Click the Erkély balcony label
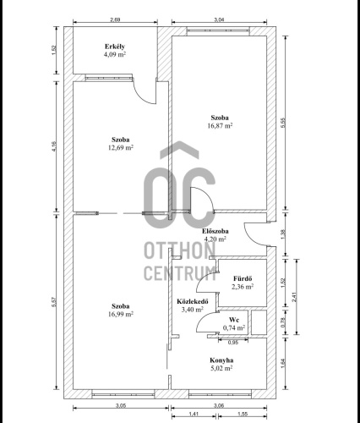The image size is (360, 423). coord(115,47)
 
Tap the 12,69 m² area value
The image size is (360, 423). coord(121,147)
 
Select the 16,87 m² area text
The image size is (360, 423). coord(220,125)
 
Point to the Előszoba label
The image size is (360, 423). coord(215,231)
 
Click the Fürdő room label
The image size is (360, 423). coord(243,278)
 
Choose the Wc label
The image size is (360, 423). coord(234,320)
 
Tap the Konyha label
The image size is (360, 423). coord(221,360)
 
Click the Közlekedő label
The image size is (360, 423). coord(193,301)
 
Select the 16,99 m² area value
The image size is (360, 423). coord(121,314)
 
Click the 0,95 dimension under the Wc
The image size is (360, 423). coord(233,343)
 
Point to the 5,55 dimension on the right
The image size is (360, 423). coord(283,123)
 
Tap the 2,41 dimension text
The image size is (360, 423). coord(294,297)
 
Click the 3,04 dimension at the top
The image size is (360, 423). coord(219,19)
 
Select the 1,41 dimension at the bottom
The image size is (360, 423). coord(194,414)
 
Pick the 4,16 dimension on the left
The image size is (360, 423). coord(54,146)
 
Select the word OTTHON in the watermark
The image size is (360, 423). coord(180,251)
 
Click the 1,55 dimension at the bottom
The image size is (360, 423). coord(243,414)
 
